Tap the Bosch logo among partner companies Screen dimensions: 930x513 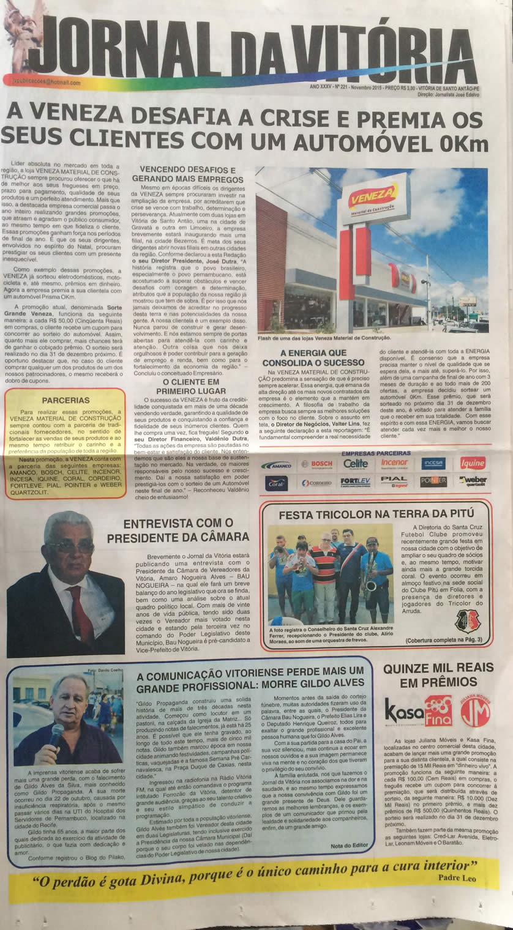pyautogui.click(x=317, y=464)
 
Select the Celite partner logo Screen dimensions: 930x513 pyautogui.click(x=355, y=464)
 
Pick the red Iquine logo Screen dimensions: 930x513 pyautogui.click(x=472, y=463)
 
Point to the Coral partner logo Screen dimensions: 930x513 pyautogui.click(x=277, y=483)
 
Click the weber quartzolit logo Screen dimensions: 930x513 pyautogui.click(x=472, y=482)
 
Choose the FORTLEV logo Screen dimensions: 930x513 pyautogui.click(x=355, y=482)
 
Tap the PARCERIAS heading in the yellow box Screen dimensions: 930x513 pyautogui.click(x=66, y=400)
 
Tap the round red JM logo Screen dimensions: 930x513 pyautogui.click(x=475, y=711)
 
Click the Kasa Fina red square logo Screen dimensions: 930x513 pyautogui.click(x=438, y=711)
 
